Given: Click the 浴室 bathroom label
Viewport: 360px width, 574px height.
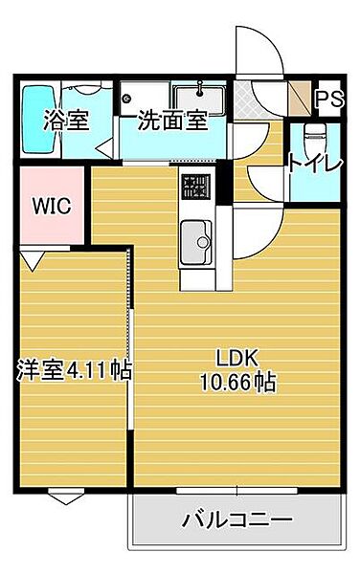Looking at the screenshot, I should [x=65, y=121].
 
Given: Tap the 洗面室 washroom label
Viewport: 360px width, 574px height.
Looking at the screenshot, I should [x=172, y=121].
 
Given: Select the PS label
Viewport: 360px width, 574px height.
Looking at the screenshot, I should [x=330, y=99].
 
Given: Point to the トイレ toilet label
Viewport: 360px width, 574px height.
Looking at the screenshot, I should [x=315, y=165].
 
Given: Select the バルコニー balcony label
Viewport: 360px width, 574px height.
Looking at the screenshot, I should [x=236, y=520].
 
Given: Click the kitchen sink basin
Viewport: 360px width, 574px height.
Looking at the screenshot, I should [x=197, y=236].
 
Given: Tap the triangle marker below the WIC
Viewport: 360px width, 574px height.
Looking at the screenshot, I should [x=32, y=258].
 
